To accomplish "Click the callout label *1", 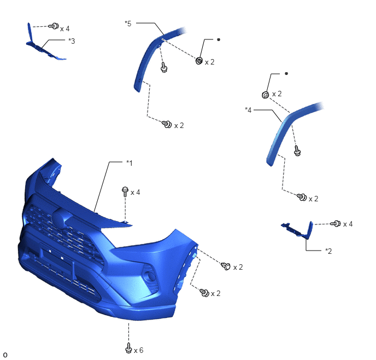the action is [129, 163].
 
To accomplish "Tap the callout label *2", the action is [328, 251].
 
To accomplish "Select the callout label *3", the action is [72, 41].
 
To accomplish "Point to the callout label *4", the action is [248, 110].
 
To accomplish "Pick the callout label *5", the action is [128, 24].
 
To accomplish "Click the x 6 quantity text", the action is [139, 350].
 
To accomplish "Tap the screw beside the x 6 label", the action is [128, 348].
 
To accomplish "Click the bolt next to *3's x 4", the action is [54, 26].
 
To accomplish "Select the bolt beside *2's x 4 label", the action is [335, 223].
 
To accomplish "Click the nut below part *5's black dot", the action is [199, 61].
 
